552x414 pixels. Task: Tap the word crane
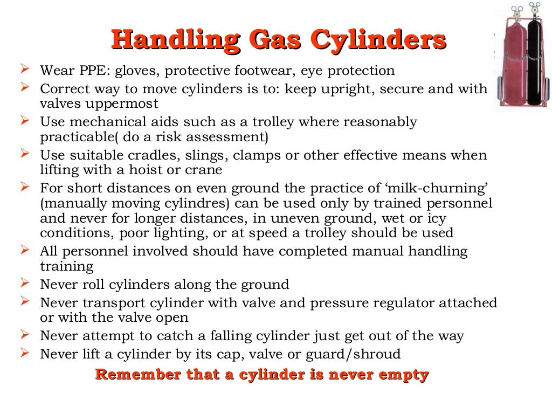click(208, 170)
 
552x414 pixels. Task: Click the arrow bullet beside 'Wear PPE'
click(25, 70)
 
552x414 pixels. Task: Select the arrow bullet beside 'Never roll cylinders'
click(25, 283)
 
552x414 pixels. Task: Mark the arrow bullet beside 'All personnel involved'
click(25, 250)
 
